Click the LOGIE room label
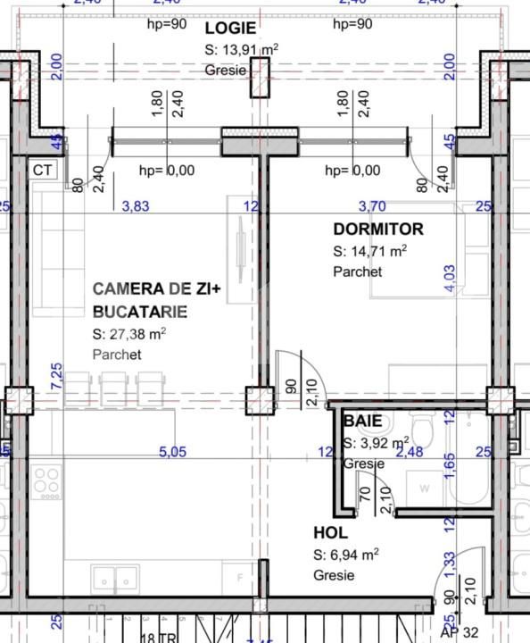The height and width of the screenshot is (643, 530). tap(230, 28)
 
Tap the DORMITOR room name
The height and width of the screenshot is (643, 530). tap(378, 230)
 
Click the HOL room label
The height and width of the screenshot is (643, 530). tap(331, 533)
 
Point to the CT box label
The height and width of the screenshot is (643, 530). tap(42, 170)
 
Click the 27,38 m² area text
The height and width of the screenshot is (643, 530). tap(129, 335)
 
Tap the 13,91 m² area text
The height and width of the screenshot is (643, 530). tap(241, 49)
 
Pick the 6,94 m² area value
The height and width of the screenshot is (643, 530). tap(346, 555)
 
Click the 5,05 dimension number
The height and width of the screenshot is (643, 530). tap(172, 453)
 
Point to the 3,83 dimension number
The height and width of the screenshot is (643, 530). tap(135, 206)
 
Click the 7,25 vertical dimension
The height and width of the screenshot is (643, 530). tap(57, 376)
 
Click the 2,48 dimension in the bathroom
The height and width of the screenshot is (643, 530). tap(410, 453)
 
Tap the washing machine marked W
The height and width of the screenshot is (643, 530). tap(425, 489)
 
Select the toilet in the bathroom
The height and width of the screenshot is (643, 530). tap(427, 435)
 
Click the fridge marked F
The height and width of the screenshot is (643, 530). tap(238, 578)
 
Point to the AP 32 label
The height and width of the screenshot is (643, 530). tap(456, 630)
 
